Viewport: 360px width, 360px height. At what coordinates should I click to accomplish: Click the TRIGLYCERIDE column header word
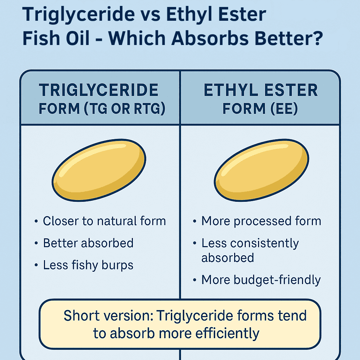click(98, 90)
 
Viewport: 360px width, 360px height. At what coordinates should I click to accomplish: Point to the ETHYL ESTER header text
click(261, 90)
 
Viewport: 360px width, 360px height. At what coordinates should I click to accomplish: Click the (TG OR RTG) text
click(124, 108)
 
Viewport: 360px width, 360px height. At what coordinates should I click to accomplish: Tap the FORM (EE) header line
click(260, 108)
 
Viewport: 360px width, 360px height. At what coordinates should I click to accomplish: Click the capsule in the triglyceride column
click(99, 170)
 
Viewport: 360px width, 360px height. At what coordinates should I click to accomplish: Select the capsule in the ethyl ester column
click(262, 170)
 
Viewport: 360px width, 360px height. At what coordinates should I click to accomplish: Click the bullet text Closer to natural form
click(104, 221)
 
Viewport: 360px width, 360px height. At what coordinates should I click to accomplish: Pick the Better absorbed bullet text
click(88, 243)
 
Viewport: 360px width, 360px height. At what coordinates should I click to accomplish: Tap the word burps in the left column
click(117, 266)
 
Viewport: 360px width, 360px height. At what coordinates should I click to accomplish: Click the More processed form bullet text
click(261, 221)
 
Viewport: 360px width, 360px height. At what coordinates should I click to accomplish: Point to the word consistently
click(264, 243)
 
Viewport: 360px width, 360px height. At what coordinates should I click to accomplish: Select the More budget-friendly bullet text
click(261, 280)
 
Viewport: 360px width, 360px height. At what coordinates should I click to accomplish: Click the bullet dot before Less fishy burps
click(36, 265)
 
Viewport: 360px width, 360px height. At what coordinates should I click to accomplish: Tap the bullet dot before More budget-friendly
click(195, 280)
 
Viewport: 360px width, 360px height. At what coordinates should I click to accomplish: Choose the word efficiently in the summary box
click(227, 334)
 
